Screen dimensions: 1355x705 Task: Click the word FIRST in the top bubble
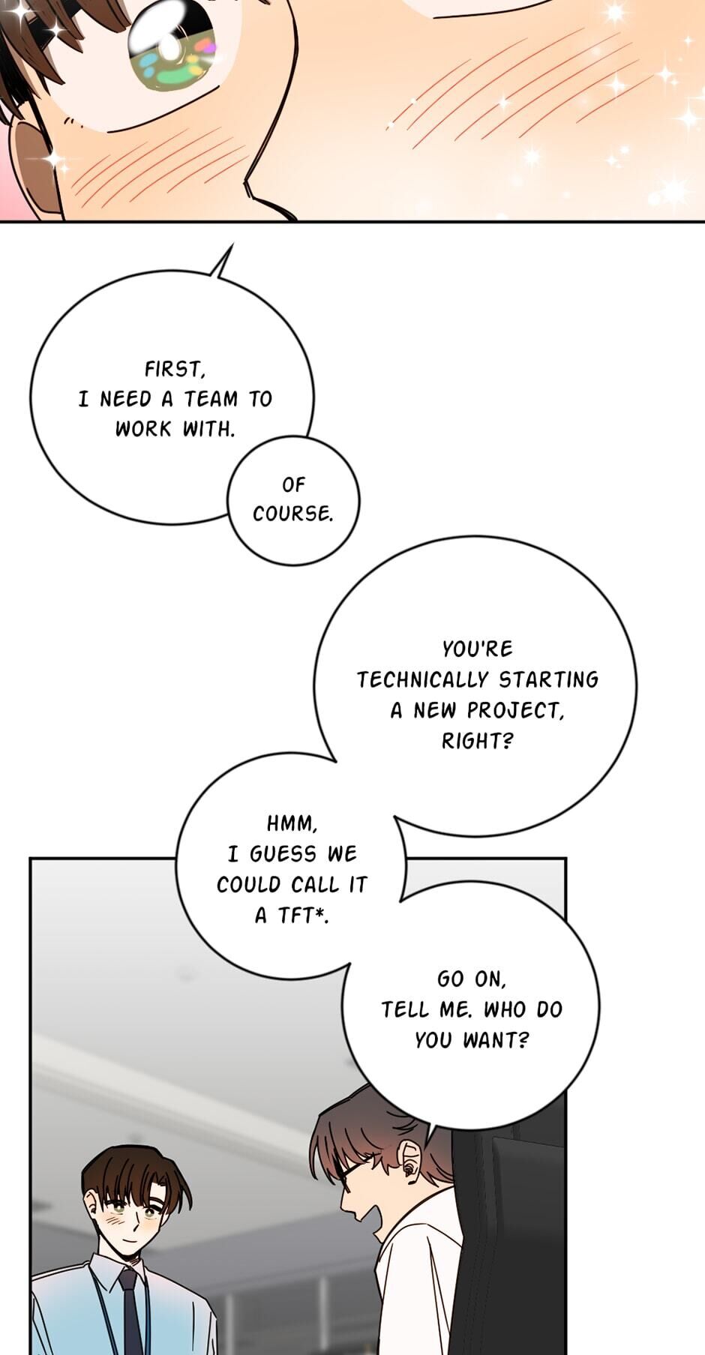tap(173, 369)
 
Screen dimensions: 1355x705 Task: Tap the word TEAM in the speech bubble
tap(211, 399)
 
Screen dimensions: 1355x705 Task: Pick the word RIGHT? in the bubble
tap(477, 741)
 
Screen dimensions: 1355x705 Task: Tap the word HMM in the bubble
tap(292, 823)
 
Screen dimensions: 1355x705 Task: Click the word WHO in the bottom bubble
tap(505, 1009)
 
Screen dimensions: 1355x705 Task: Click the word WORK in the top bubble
tap(143, 429)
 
